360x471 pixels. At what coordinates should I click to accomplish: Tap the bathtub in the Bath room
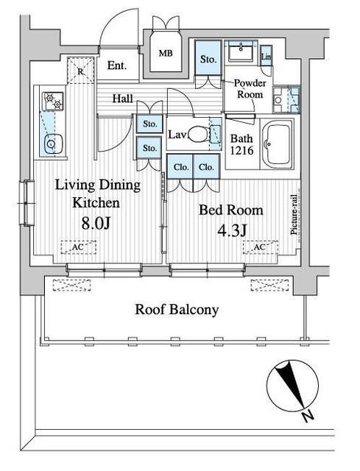click(x=277, y=144)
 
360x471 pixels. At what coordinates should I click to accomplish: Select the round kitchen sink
click(x=53, y=144)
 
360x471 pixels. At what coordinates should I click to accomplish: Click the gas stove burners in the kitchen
click(x=54, y=101)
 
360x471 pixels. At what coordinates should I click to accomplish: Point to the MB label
click(x=166, y=54)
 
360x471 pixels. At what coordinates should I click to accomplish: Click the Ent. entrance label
click(x=117, y=65)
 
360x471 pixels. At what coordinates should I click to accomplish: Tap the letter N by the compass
click(x=308, y=417)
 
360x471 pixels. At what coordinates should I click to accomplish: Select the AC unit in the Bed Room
click(x=261, y=247)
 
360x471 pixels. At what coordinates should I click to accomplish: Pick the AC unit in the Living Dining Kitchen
click(x=79, y=247)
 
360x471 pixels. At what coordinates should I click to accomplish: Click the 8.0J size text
click(x=96, y=223)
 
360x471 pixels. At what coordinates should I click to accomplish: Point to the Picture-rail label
click(x=294, y=214)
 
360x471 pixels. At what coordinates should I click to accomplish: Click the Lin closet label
click(x=267, y=56)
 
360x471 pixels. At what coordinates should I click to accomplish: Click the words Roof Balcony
click(x=177, y=310)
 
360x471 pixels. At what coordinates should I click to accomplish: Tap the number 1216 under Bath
click(x=242, y=150)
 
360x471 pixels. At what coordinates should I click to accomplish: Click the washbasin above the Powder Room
click(x=241, y=51)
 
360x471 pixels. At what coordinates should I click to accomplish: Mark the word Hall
click(x=123, y=98)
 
